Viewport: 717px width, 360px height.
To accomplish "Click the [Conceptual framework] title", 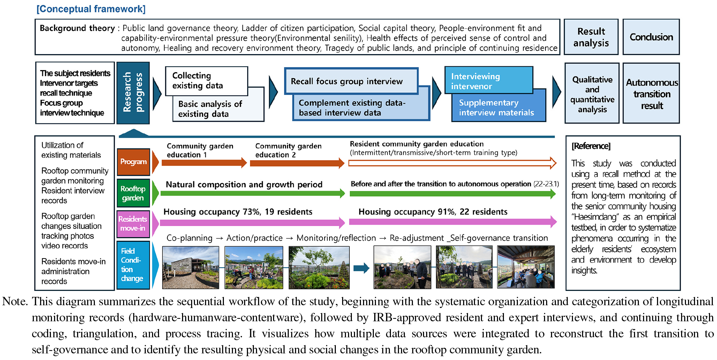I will (x=91, y=9).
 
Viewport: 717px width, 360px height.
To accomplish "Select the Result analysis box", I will (x=591, y=37).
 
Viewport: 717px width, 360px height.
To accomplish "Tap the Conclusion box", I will (x=651, y=37).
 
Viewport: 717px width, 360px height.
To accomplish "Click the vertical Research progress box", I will (x=133, y=93).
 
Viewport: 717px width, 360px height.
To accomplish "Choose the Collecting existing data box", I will (x=206, y=81).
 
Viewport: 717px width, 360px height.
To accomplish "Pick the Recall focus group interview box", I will (x=351, y=81).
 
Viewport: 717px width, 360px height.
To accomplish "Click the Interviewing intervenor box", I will (x=488, y=81).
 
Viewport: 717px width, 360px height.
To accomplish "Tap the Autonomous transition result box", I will (x=651, y=93).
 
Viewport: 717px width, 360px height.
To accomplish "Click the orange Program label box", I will (x=133, y=162).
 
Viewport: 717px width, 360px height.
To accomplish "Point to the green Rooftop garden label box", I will (x=133, y=193).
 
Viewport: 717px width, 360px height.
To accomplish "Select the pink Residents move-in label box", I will (x=133, y=224).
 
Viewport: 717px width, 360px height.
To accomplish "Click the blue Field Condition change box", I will (x=133, y=265).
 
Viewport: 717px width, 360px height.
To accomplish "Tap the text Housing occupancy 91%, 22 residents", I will (x=433, y=212).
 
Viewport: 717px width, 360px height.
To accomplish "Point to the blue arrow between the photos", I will (x=361, y=268).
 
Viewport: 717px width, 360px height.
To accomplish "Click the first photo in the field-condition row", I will (x=190, y=268).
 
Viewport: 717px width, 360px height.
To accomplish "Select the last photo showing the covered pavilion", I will (x=526, y=267).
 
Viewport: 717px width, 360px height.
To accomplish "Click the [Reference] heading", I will (x=591, y=146).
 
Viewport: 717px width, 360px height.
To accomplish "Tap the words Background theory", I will (x=77, y=28).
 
